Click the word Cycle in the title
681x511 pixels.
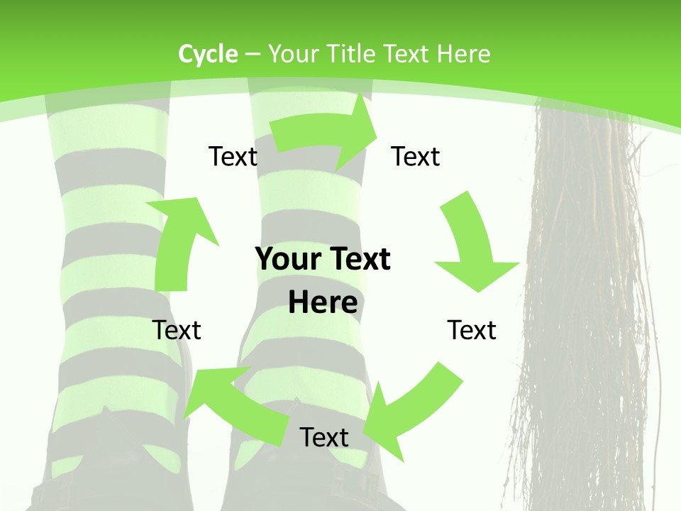coord(208,54)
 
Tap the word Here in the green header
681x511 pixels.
coord(463,54)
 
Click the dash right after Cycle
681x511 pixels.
coord(253,55)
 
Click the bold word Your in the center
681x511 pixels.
coord(287,260)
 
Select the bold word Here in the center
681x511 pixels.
coord(323,303)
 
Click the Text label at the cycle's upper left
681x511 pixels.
coord(233,157)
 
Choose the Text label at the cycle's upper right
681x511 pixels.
coord(416,157)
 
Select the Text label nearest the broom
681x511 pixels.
coord(472,330)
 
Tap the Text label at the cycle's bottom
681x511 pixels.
coord(324,437)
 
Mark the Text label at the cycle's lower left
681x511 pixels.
coord(177,330)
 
